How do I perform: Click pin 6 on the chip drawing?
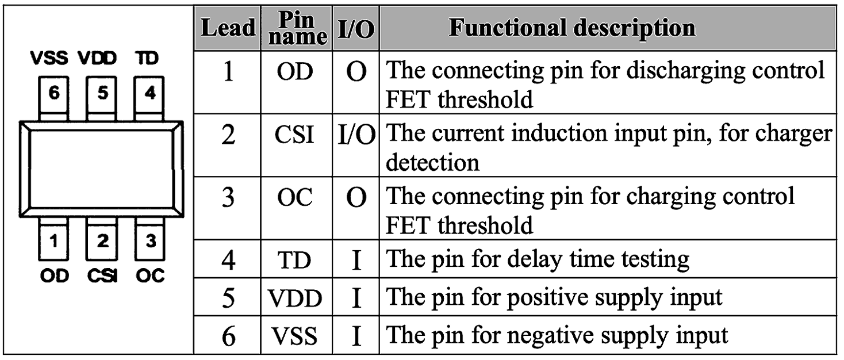(53, 99)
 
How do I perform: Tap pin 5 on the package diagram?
(101, 99)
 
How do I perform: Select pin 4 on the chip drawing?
(149, 99)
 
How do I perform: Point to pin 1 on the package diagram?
(53, 239)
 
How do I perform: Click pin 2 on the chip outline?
(101, 239)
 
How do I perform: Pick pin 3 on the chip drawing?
(149, 239)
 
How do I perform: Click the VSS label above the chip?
(49, 59)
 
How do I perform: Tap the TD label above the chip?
(147, 59)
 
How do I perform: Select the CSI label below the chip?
(102, 276)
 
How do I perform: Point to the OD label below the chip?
(55, 276)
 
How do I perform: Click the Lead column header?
(228, 28)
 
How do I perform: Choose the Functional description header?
(572, 28)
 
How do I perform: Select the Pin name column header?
(297, 28)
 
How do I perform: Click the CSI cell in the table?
(294, 135)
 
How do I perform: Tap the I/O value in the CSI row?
(356, 135)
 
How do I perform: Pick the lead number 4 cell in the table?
(228, 260)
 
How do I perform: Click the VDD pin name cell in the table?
(295, 298)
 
